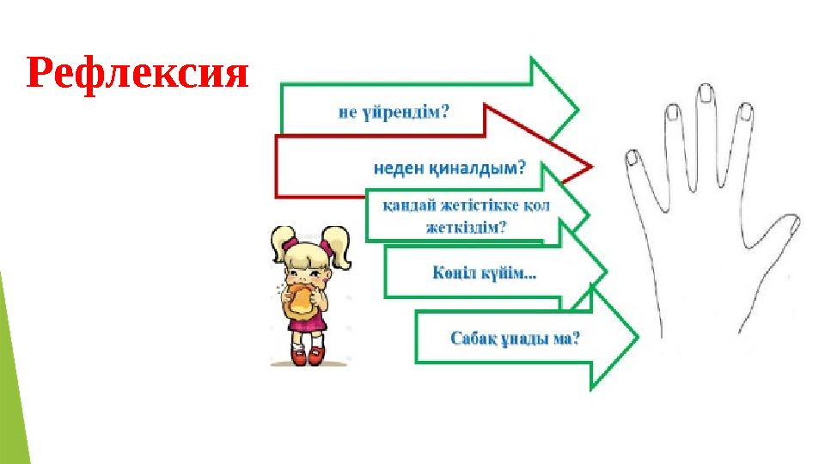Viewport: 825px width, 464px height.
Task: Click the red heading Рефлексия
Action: pyautogui.click(x=137, y=75)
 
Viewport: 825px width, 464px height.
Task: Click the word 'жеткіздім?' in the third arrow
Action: pyautogui.click(x=466, y=228)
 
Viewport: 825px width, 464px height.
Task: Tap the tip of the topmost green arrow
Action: pyautogui.click(x=577, y=109)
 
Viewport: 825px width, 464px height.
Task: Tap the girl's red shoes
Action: pyautogui.click(x=308, y=356)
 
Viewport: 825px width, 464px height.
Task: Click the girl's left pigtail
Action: pyautogui.click(x=281, y=246)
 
